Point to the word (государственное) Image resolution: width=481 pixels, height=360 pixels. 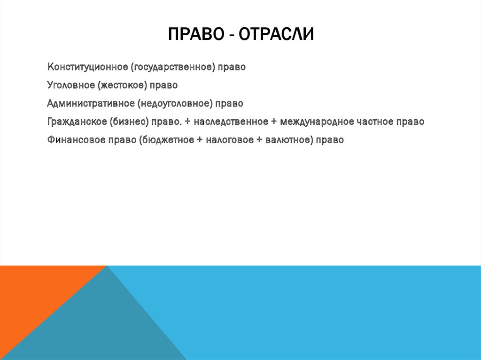(x=173, y=67)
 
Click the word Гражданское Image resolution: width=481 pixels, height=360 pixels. (x=77, y=122)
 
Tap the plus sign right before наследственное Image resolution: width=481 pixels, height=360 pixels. (x=187, y=122)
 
